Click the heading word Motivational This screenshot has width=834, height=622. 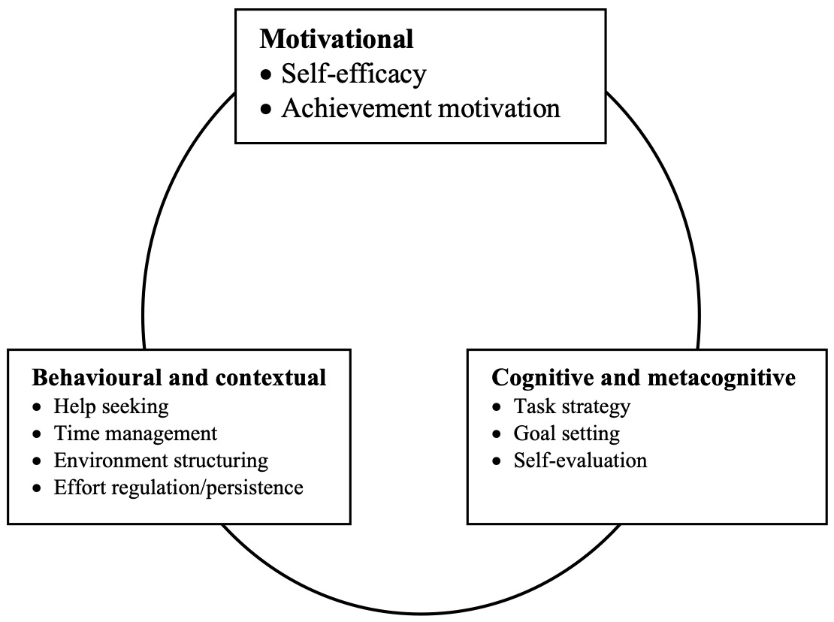tap(336, 38)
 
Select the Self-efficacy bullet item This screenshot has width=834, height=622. tap(353, 74)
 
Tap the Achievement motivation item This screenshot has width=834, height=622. tap(421, 108)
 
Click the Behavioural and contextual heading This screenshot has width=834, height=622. tap(179, 376)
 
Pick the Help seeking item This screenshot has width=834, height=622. tap(110, 406)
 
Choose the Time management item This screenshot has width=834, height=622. tap(135, 433)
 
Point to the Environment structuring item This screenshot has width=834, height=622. tap(161, 460)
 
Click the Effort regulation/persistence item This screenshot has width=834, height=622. tap(178, 487)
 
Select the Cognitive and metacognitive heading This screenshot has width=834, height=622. tap(643, 376)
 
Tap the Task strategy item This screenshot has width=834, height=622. tap(572, 406)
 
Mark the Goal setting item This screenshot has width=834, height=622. tap(567, 433)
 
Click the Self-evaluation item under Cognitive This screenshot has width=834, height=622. tap(580, 460)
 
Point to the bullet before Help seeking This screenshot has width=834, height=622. tap(38, 408)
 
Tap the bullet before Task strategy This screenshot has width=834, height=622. tap(497, 408)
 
